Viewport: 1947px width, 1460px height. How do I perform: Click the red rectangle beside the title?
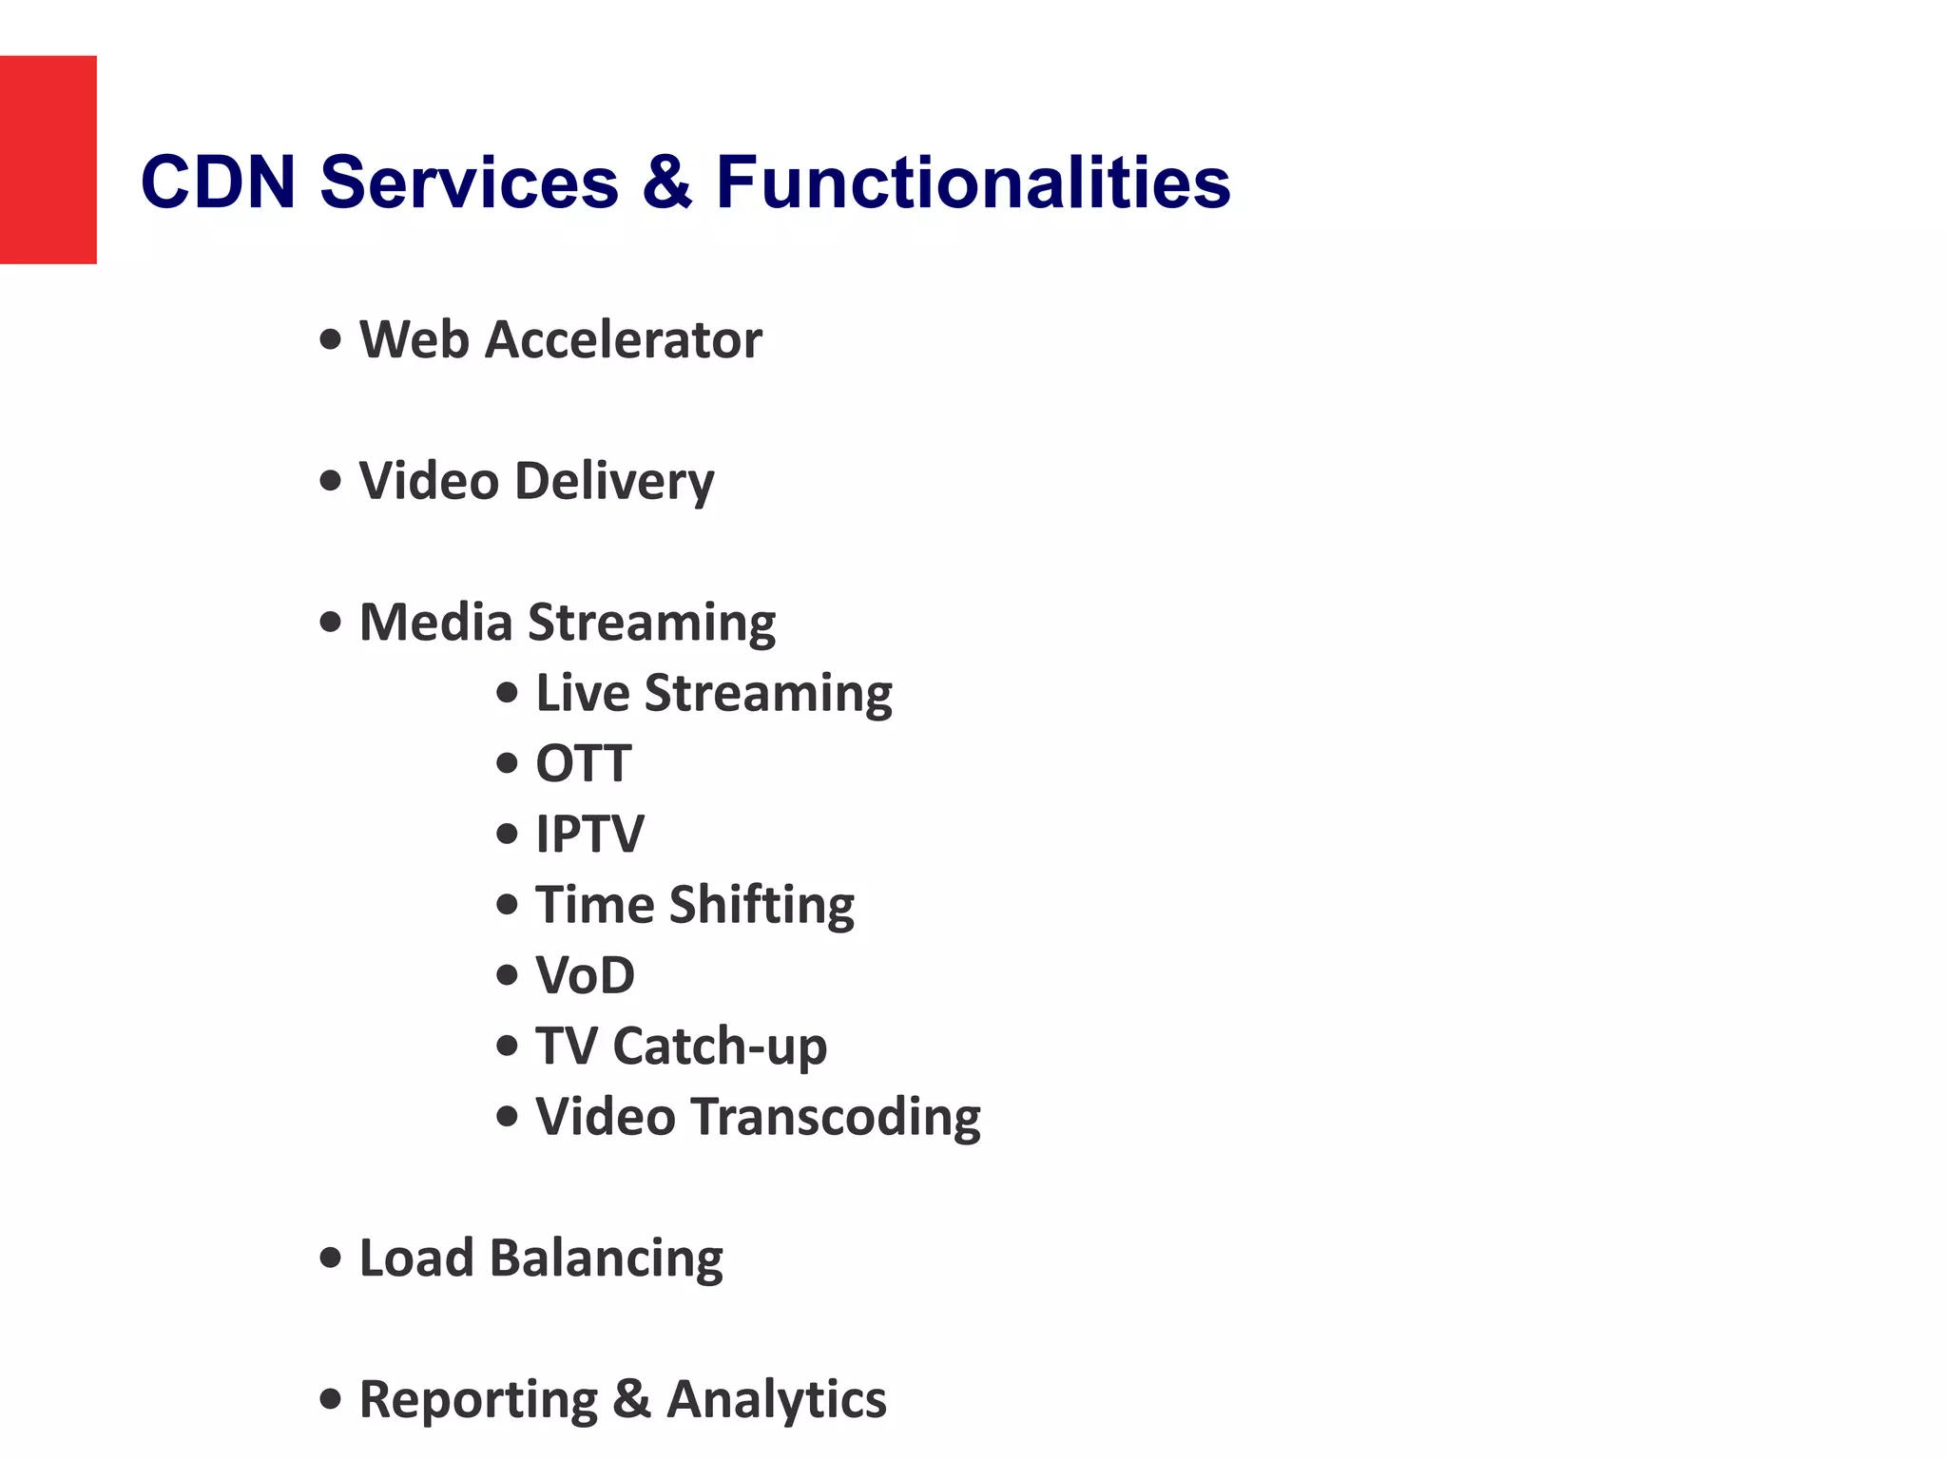pyautogui.click(x=48, y=160)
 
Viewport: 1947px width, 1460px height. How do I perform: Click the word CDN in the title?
pyautogui.click(x=218, y=182)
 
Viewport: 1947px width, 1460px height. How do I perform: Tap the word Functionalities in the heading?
pyautogui.click(x=973, y=182)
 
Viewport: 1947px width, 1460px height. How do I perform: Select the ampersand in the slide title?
pyautogui.click(x=666, y=182)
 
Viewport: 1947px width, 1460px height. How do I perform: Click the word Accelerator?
pyautogui.click(x=623, y=339)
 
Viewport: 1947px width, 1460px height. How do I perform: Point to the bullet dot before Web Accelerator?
pyautogui.click(x=331, y=339)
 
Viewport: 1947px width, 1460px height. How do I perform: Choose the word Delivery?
pyautogui.click(x=614, y=481)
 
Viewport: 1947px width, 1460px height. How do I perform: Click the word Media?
pyautogui.click(x=435, y=623)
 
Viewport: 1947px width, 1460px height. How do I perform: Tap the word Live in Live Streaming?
pyautogui.click(x=582, y=693)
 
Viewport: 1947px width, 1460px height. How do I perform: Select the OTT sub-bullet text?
pyautogui.click(x=583, y=763)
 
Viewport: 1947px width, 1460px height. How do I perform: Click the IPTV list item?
pyautogui.click(x=589, y=834)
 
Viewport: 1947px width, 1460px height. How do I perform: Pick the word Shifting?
pyautogui.click(x=761, y=905)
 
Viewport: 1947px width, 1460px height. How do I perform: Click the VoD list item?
pyautogui.click(x=585, y=975)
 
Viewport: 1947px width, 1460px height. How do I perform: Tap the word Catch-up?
pyautogui.click(x=720, y=1047)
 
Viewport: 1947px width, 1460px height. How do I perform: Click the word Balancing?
pyautogui.click(x=606, y=1258)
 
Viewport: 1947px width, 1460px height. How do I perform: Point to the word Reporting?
pyautogui.click(x=478, y=1400)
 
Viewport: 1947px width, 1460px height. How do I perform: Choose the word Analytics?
pyautogui.click(x=777, y=1400)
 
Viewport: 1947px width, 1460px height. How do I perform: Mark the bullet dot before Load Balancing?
pyautogui.click(x=331, y=1258)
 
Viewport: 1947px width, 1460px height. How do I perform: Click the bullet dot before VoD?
pyautogui.click(x=508, y=975)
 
